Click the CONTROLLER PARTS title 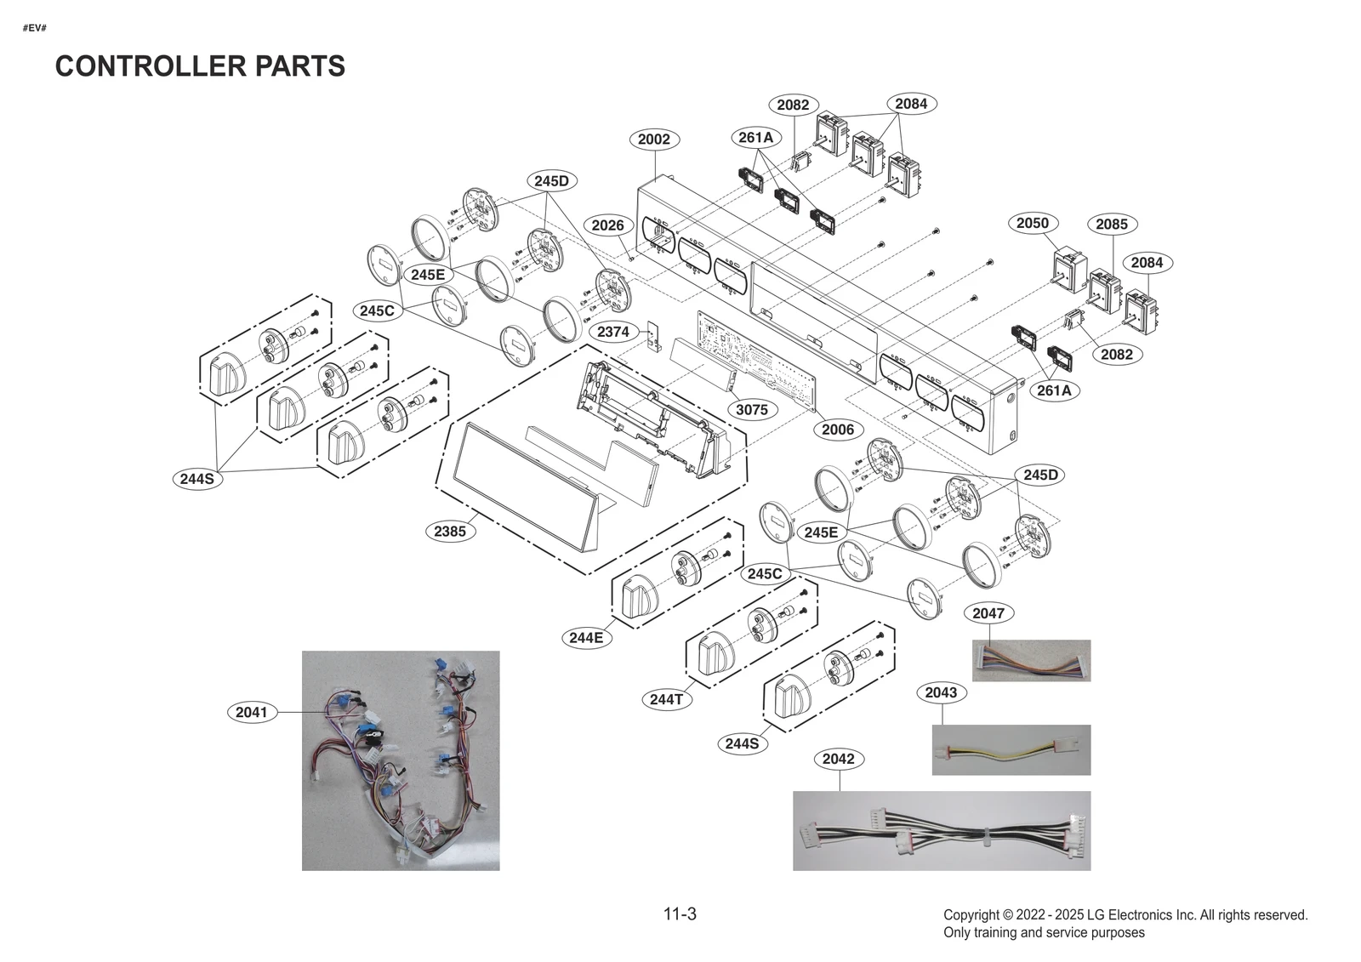click(200, 66)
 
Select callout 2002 click(653, 139)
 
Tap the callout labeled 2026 click(607, 225)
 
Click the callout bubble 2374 click(612, 332)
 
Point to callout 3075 click(751, 409)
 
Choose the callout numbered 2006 click(837, 430)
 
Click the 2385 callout click(449, 532)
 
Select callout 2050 click(1032, 223)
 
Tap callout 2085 click(1111, 225)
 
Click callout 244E click(586, 638)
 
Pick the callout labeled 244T click(666, 699)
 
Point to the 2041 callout click(251, 712)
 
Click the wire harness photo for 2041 click(401, 760)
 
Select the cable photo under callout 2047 click(1031, 661)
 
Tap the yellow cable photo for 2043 click(1011, 750)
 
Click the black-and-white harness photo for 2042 click(941, 831)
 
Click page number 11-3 click(680, 914)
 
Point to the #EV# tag click(34, 29)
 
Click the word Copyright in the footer click(971, 915)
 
